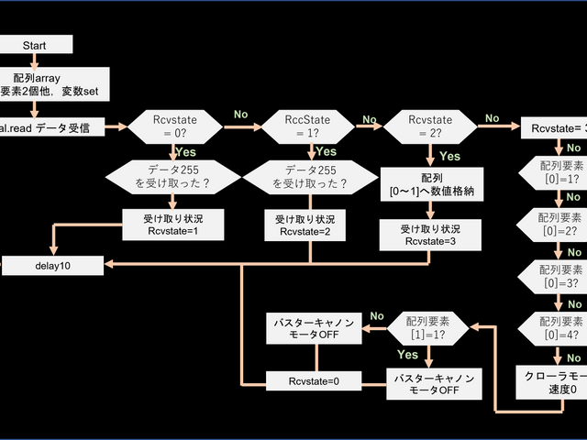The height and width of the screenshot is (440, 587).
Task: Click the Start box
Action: click(33, 45)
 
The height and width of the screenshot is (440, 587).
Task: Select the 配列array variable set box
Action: click(50, 85)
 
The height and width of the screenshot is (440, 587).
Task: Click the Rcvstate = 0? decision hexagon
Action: click(172, 126)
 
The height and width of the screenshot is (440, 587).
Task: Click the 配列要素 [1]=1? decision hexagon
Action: click(429, 327)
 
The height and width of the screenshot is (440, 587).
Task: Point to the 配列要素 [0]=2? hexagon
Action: click(554, 223)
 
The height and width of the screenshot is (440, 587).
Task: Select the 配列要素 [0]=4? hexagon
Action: click(554, 327)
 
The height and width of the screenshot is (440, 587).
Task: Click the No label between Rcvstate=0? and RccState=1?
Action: click(241, 115)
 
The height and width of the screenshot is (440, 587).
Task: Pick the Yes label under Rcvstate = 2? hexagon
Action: click(449, 156)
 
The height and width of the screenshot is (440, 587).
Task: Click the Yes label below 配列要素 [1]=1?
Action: click(408, 354)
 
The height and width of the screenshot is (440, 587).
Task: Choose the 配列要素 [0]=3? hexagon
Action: click(554, 275)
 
